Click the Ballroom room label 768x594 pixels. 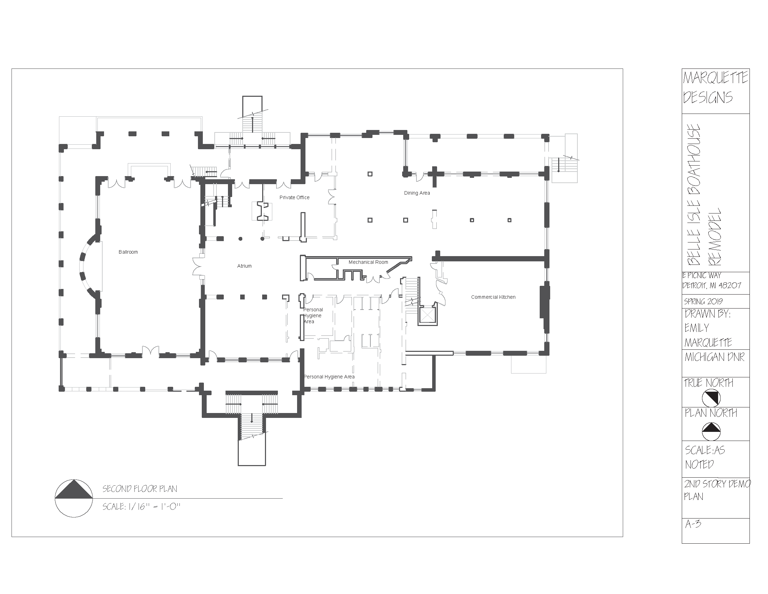(x=128, y=252)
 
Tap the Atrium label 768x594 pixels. (x=244, y=266)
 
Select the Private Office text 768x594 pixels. (x=294, y=197)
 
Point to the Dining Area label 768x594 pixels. (x=417, y=193)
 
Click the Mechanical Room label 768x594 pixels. (x=368, y=262)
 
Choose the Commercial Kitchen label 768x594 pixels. (x=493, y=297)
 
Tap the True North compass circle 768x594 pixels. (x=711, y=398)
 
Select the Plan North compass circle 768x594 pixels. (x=711, y=431)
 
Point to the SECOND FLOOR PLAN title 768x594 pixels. (x=140, y=489)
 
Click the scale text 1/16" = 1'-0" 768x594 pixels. (x=141, y=507)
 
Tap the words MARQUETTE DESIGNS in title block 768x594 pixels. (x=715, y=87)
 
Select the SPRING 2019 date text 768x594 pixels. (x=703, y=302)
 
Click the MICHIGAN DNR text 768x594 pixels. (x=714, y=357)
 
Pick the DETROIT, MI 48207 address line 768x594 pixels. (x=711, y=285)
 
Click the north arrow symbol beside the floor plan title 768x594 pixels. (x=74, y=498)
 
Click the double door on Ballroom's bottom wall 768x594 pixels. (x=150, y=350)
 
